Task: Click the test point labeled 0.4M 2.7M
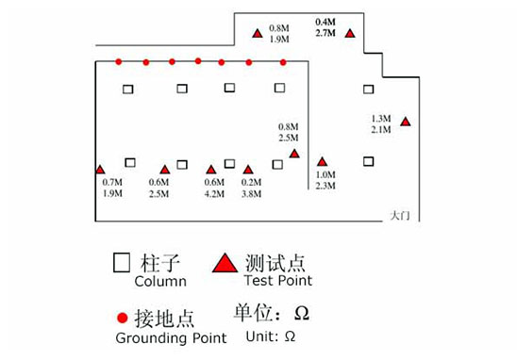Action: click(x=350, y=34)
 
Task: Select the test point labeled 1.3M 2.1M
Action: click(x=406, y=122)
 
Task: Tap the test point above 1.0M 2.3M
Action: click(x=323, y=162)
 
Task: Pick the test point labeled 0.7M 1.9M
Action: click(x=101, y=170)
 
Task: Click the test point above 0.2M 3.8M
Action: click(x=248, y=171)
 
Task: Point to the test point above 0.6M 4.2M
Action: click(x=211, y=171)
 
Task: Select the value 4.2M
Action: click(x=213, y=194)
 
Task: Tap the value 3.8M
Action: click(x=251, y=194)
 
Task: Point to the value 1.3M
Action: click(x=383, y=118)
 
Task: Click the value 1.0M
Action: click(x=325, y=175)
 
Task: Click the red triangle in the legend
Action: click(x=224, y=264)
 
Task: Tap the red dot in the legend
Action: click(x=120, y=318)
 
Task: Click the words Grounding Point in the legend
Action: click(x=170, y=337)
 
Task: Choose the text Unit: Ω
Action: click(x=270, y=335)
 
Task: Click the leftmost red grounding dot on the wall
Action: click(x=118, y=62)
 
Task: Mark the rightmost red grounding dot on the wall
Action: click(x=283, y=62)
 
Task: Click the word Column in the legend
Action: click(x=160, y=281)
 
